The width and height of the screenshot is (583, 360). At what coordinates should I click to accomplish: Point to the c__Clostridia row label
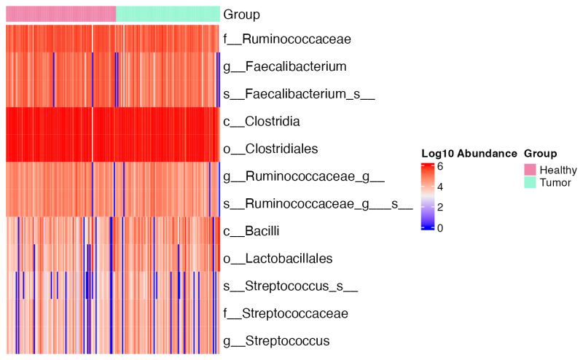tap(262, 121)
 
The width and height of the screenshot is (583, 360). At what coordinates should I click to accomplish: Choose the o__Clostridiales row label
tap(272, 148)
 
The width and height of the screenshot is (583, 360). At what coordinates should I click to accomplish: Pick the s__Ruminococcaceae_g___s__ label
tap(318, 203)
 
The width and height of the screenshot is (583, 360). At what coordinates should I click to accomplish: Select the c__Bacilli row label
tap(253, 230)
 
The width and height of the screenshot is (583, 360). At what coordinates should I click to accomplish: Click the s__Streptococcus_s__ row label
tap(291, 286)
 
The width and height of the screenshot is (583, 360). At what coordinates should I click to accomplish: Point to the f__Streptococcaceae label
tap(285, 313)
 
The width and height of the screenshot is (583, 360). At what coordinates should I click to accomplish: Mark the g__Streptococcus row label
tap(276, 340)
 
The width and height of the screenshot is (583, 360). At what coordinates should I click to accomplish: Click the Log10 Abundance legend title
tap(469, 154)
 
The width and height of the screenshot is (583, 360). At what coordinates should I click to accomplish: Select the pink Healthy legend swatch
tap(531, 170)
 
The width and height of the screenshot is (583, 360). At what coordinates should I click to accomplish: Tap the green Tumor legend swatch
tap(531, 181)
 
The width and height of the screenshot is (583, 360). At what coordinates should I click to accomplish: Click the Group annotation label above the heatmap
tap(241, 14)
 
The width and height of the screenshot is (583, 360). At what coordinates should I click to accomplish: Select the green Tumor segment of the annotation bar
tap(168, 14)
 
